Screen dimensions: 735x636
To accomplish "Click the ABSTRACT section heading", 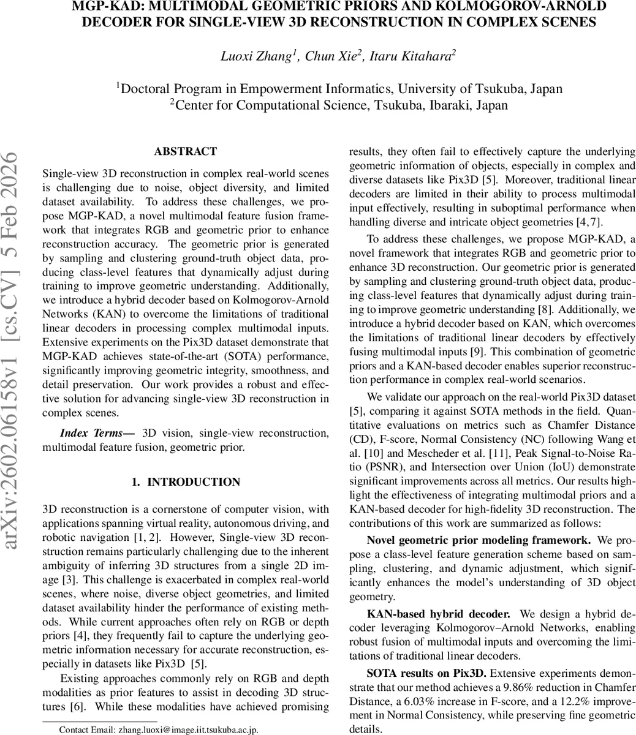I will click(x=185, y=151).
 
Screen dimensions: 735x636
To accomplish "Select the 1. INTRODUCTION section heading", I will click(x=185, y=482).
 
